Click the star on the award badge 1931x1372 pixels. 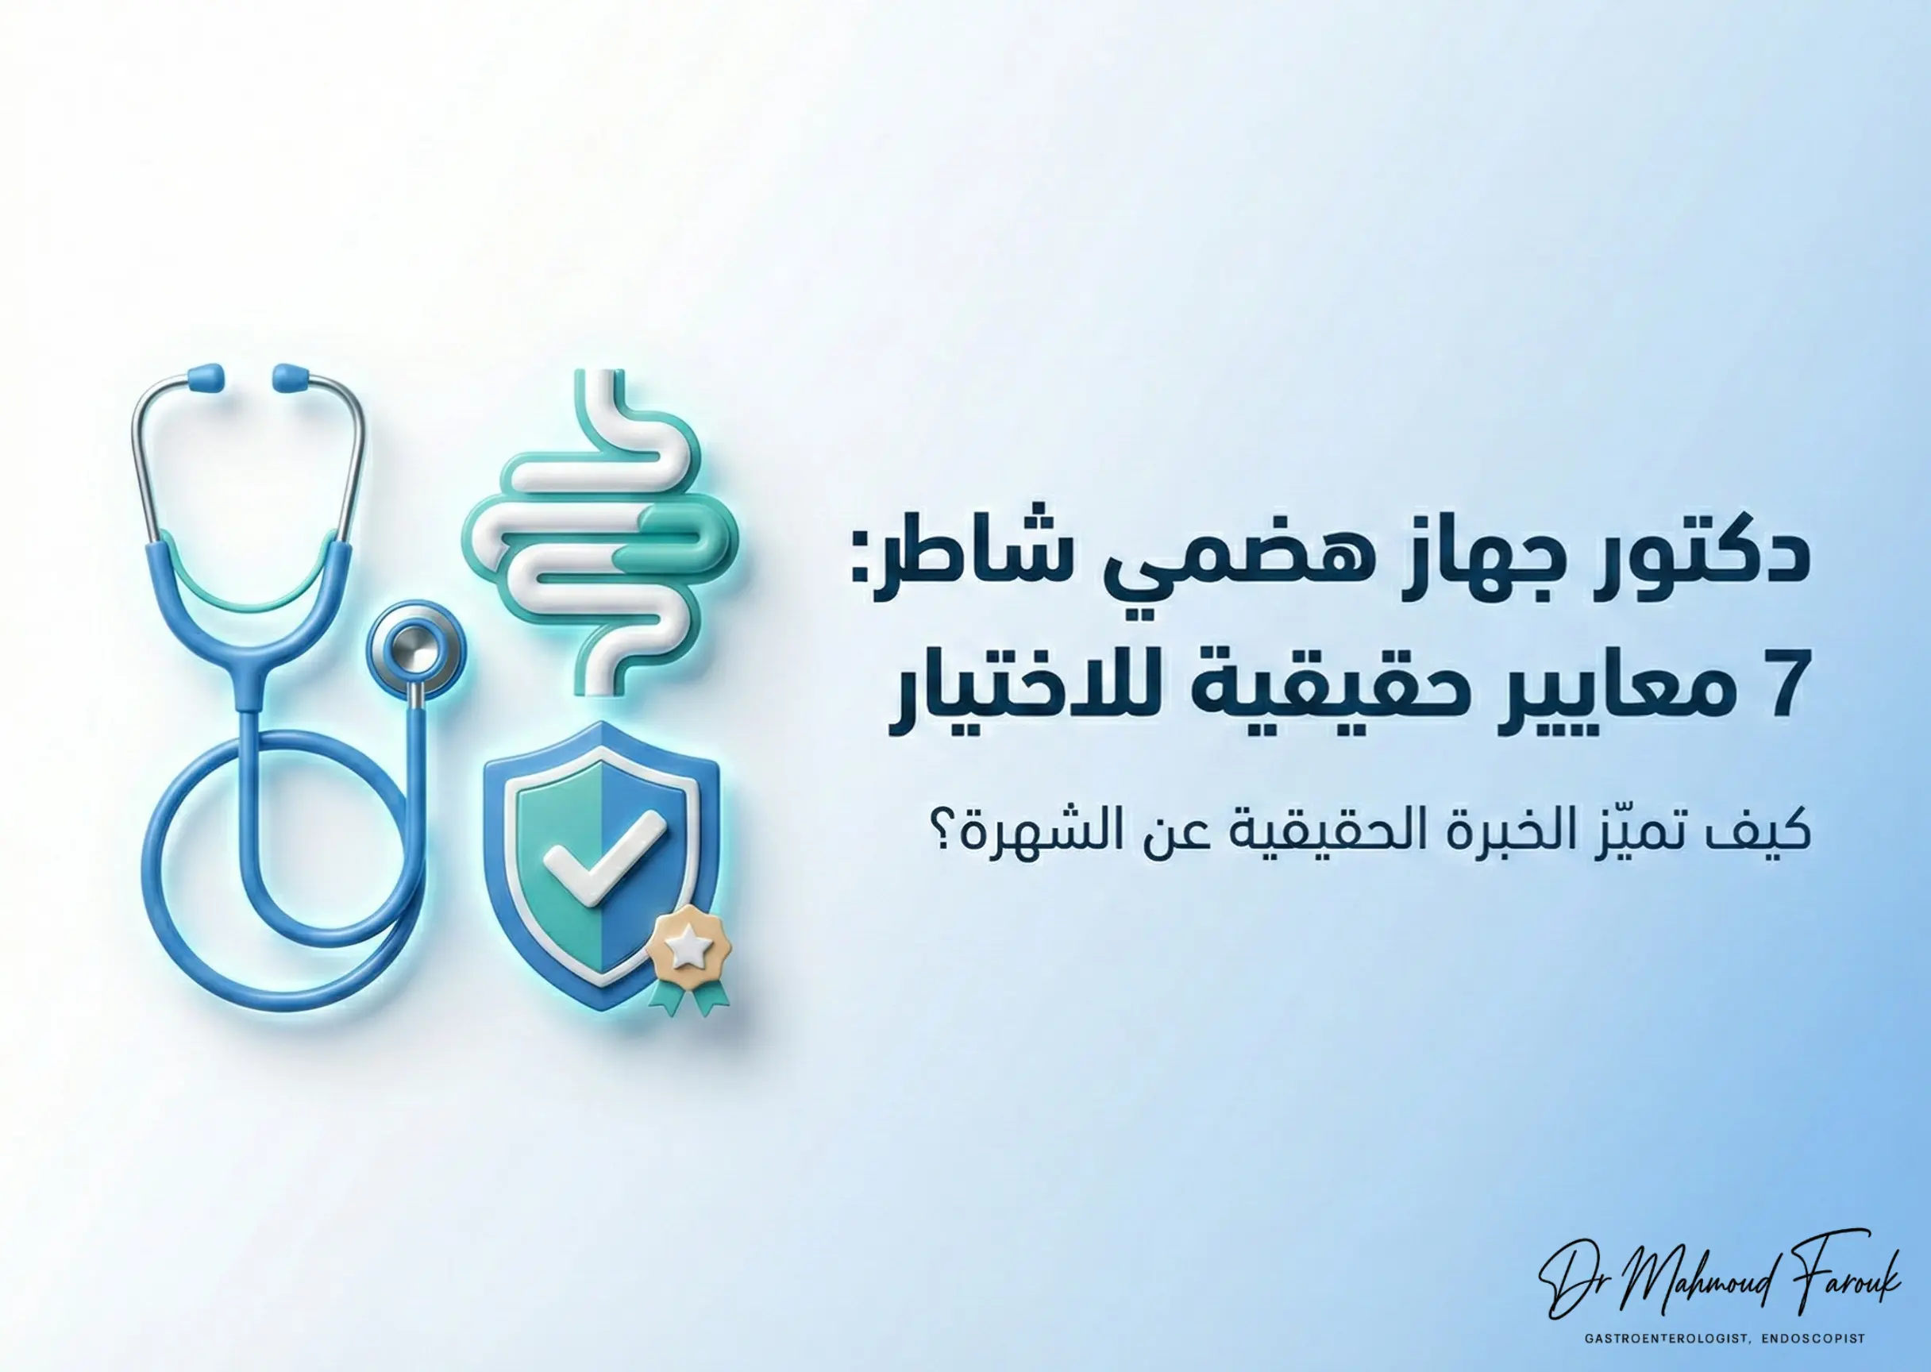688,950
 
